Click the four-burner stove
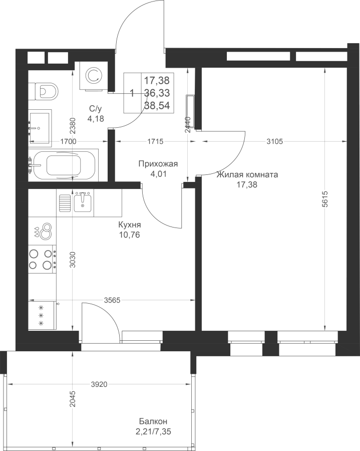pyautogui.click(x=42, y=260)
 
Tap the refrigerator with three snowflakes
pyautogui.click(x=42, y=315)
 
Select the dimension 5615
pyautogui.click(x=325, y=199)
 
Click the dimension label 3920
pyautogui.click(x=99, y=384)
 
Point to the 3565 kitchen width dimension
pyautogui.click(x=112, y=300)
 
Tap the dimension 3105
pyautogui.click(x=275, y=141)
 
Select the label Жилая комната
pyautogui.click(x=247, y=174)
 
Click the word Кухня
pyautogui.click(x=130, y=224)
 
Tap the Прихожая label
pyautogui.click(x=158, y=164)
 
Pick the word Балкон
pyautogui.click(x=153, y=421)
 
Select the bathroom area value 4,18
pyautogui.click(x=96, y=118)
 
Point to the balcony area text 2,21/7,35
pyautogui.click(x=155, y=432)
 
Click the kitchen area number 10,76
pyautogui.click(x=130, y=235)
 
